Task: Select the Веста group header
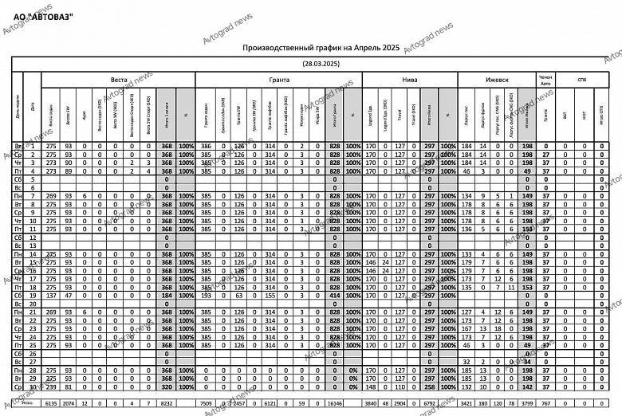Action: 119,81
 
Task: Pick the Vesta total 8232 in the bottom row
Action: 167,404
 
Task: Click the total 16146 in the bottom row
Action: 334,404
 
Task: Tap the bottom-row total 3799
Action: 525,404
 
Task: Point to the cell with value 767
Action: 545,404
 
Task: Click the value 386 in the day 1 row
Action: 207,147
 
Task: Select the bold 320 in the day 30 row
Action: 167,386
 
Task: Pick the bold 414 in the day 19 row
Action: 334,295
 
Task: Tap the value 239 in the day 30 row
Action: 51,386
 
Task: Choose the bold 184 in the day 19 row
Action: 167,295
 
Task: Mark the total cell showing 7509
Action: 207,404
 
